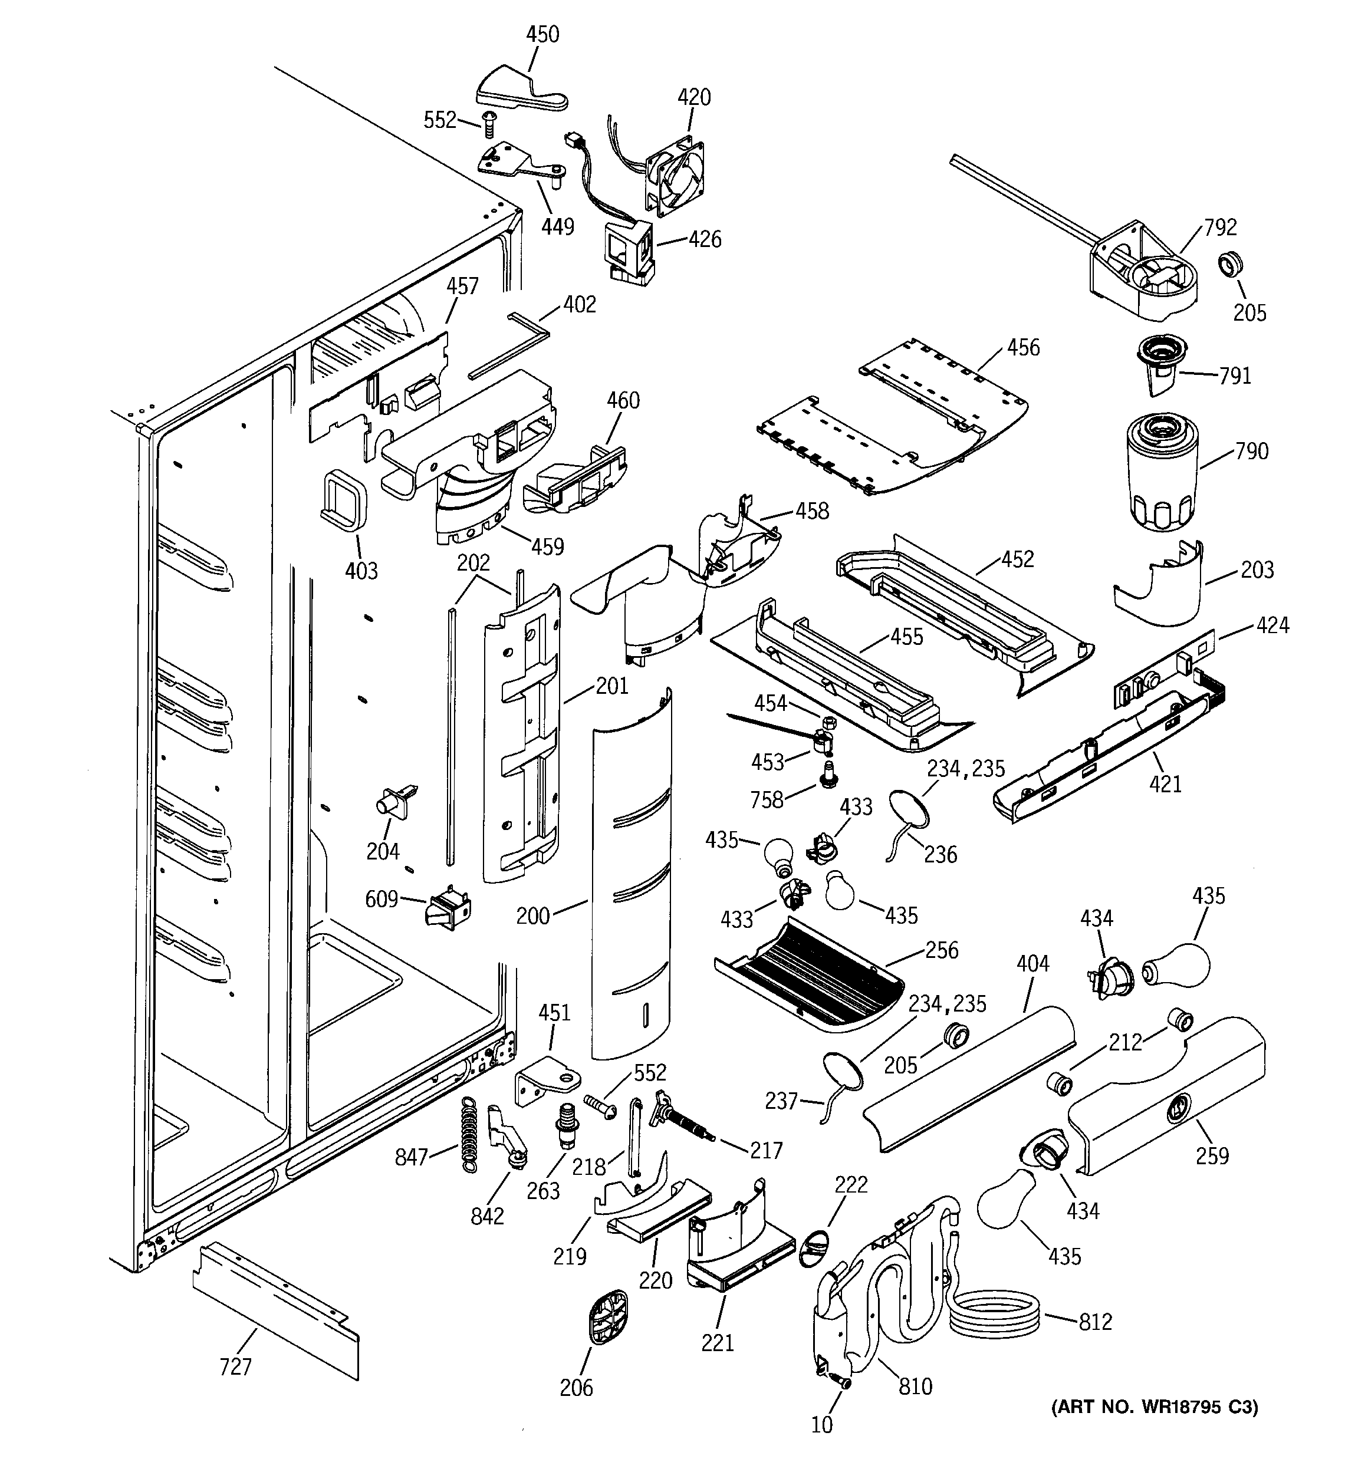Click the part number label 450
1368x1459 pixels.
point(542,35)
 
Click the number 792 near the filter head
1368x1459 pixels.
point(1221,228)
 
